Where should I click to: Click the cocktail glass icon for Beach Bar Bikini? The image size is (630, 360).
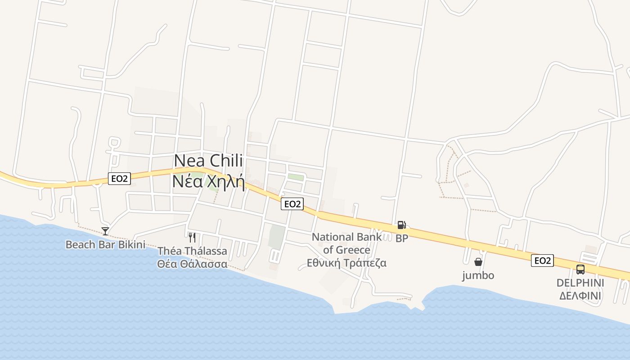[105, 231]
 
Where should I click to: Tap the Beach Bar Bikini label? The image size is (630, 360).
[105, 245]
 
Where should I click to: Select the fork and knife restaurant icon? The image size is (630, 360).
[192, 237]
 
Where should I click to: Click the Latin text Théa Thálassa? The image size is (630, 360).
[192, 251]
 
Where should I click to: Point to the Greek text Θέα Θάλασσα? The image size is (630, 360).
[192, 264]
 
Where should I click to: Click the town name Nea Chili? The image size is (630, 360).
[208, 161]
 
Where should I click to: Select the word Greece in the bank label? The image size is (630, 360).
[352, 250]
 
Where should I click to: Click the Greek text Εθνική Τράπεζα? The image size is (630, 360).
[346, 263]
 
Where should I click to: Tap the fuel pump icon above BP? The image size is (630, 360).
[401, 225]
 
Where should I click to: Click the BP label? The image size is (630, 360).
[402, 238]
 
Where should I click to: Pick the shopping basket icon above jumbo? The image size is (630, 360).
[478, 262]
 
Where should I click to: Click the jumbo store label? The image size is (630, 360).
[478, 275]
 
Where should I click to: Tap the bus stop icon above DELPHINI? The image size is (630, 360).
[580, 270]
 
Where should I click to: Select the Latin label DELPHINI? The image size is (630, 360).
[580, 283]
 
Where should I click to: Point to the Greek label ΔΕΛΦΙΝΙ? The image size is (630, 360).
[580, 296]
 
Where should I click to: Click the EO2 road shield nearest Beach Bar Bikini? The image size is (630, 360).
[119, 179]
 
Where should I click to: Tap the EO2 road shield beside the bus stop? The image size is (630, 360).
[542, 261]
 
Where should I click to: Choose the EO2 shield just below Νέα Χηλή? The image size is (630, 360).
[292, 204]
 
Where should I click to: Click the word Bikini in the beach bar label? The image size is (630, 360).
[131, 245]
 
